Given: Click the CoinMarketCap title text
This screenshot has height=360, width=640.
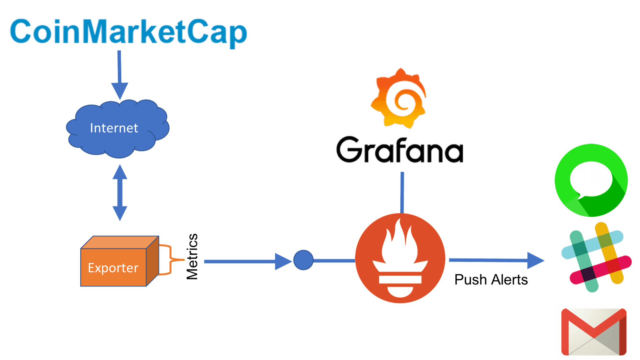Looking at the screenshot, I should click(x=128, y=31).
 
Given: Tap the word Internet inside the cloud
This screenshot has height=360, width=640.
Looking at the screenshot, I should click(x=114, y=128).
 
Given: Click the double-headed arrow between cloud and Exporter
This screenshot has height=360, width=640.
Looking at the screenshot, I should click(x=120, y=193).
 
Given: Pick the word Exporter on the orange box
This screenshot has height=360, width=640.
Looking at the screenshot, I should click(x=113, y=268).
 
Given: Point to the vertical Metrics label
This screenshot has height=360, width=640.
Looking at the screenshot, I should click(x=192, y=256).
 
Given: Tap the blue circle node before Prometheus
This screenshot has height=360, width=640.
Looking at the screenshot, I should click(x=303, y=260).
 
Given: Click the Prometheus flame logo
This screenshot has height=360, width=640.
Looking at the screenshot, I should click(x=400, y=258).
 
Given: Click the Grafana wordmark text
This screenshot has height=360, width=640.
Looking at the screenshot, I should click(x=400, y=150).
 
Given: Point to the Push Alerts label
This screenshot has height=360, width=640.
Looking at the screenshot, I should click(x=491, y=280).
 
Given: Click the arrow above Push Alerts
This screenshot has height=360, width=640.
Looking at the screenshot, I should click(x=496, y=260).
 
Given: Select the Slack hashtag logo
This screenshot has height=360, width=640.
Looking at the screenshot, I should click(x=597, y=257).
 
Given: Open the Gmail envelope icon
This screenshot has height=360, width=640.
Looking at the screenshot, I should click(x=594, y=332).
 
